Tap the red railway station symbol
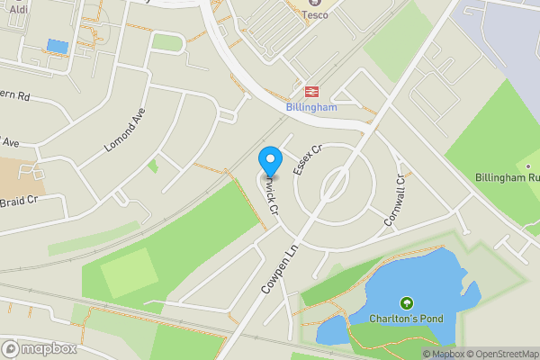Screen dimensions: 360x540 [312, 92]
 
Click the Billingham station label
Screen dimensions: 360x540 [310, 107]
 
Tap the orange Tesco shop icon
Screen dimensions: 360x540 [315, 2]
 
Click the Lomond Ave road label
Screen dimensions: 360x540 [124, 130]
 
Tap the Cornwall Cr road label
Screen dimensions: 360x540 [395, 200]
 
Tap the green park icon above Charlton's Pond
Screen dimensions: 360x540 [406, 303]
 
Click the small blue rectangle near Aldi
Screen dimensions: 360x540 [56, 46]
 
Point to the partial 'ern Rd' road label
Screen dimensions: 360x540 [15, 95]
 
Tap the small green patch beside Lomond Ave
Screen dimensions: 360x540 [153, 166]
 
